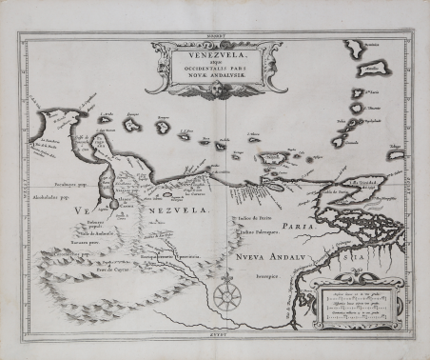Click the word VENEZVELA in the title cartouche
pos(215,55)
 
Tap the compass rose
pos(226,296)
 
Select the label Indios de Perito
pos(247,218)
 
